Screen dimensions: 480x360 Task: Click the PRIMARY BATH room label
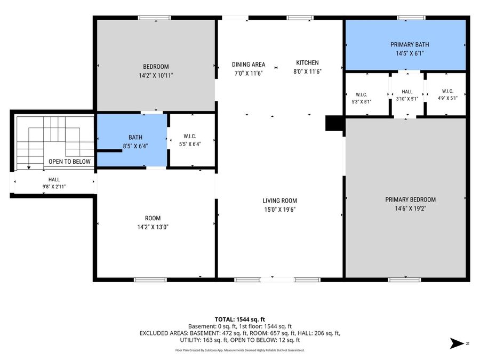click(x=410, y=45)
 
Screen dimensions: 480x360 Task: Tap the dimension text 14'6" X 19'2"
click(x=410, y=209)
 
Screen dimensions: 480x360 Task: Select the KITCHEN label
click(x=307, y=63)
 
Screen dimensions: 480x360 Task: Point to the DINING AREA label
click(x=248, y=65)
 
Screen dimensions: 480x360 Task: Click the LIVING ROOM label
click(x=280, y=201)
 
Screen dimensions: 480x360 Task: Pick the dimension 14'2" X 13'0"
click(x=153, y=227)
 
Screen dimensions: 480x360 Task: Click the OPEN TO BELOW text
click(x=69, y=162)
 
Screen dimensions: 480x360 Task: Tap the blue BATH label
click(x=135, y=138)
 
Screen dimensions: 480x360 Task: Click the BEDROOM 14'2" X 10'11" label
click(x=156, y=67)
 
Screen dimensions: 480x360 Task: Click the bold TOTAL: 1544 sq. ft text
click(x=239, y=319)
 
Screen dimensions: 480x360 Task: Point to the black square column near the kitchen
click(x=334, y=123)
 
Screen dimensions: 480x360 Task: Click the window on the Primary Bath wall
click(x=411, y=18)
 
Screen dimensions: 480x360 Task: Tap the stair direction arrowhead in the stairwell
click(x=29, y=167)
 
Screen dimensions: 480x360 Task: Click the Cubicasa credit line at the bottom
click(x=239, y=350)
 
